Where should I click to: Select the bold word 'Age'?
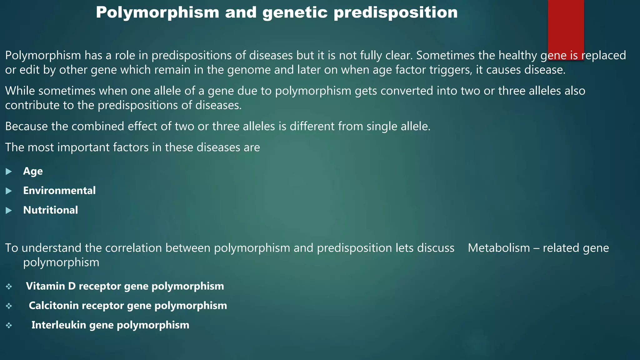pyautogui.click(x=33, y=171)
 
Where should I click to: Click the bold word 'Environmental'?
pyautogui.click(x=59, y=191)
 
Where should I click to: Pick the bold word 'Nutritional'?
pyautogui.click(x=51, y=210)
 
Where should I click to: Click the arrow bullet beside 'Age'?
pyautogui.click(x=9, y=172)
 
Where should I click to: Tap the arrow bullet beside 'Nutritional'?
pyautogui.click(x=9, y=210)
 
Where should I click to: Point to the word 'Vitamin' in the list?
pyautogui.click(x=45, y=286)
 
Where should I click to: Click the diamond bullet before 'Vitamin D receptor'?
pyautogui.click(x=9, y=287)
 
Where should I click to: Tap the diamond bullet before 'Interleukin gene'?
pyautogui.click(x=9, y=325)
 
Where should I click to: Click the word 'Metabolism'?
pyautogui.click(x=499, y=248)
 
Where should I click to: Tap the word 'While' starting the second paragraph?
pyautogui.click(x=20, y=91)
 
